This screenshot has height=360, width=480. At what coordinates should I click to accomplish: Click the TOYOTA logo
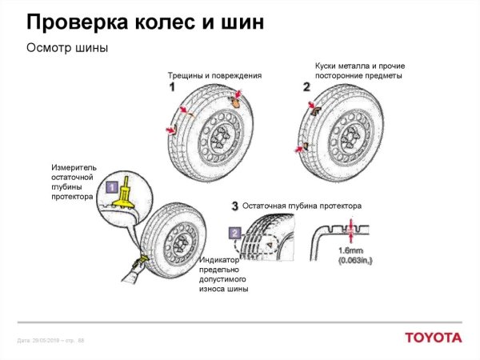point(432,337)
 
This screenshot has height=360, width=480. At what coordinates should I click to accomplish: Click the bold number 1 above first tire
point(172,87)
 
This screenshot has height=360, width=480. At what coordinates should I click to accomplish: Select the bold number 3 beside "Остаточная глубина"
point(234,206)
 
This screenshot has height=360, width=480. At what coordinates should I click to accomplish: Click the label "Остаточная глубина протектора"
point(302,206)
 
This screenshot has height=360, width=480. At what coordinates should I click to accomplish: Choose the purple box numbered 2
point(234,233)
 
